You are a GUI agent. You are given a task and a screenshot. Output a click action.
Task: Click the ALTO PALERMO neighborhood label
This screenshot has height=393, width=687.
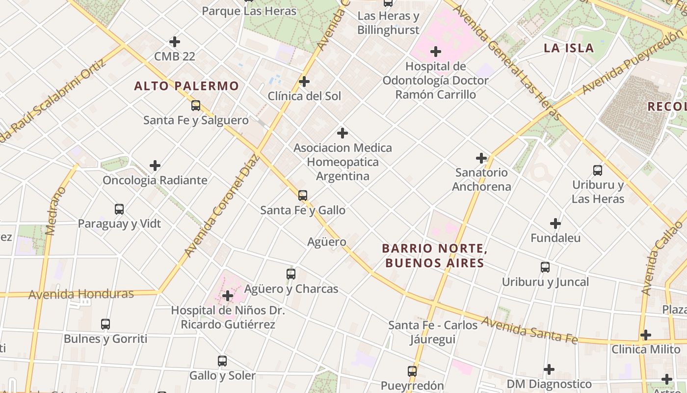(x=186, y=86)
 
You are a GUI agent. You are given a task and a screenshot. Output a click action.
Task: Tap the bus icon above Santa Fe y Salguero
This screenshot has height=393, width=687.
(x=196, y=106)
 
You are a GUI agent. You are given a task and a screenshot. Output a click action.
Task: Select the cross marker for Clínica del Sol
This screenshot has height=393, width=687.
(x=304, y=82)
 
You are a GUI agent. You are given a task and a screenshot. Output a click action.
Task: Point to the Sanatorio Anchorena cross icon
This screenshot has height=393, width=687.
(x=481, y=158)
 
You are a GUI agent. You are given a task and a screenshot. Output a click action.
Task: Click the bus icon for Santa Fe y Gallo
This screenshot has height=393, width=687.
(x=303, y=196)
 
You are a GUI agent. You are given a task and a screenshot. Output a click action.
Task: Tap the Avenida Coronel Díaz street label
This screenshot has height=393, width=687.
(x=221, y=206)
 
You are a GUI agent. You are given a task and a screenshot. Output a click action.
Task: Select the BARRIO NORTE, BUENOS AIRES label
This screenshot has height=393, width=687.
(x=435, y=255)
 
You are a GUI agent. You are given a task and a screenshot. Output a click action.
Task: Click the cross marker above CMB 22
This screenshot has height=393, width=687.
(x=174, y=42)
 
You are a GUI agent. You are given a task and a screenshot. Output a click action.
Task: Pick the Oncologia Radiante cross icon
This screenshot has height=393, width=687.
(x=155, y=166)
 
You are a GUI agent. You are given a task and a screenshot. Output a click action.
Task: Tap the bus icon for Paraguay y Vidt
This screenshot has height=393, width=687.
(x=119, y=209)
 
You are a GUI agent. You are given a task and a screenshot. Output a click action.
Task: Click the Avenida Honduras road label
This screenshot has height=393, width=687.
(x=81, y=294)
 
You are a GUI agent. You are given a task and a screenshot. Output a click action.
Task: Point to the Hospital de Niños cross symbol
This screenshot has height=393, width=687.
(x=227, y=296)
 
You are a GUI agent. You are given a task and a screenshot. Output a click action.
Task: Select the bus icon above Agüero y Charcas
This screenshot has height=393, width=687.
(x=291, y=274)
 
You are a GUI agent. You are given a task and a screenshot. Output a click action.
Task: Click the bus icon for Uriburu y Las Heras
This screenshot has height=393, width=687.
(x=598, y=170)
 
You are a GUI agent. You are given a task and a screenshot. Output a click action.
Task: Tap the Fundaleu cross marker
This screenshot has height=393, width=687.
(x=555, y=224)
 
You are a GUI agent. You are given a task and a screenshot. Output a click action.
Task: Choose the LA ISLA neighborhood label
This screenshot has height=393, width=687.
(x=569, y=48)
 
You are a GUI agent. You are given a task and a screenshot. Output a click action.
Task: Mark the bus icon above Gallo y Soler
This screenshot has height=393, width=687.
(x=222, y=361)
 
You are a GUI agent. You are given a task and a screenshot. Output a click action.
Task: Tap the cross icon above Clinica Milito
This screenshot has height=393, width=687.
(x=646, y=335)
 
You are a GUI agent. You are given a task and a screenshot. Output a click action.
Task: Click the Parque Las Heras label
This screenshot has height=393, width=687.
(x=249, y=11)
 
